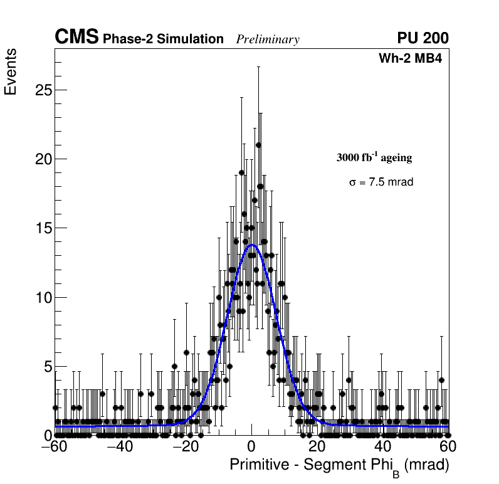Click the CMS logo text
(x=76, y=38)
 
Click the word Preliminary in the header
(x=268, y=39)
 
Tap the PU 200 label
(x=423, y=38)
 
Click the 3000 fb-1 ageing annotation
(x=374, y=158)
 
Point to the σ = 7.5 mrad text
(x=381, y=182)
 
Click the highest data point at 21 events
(x=258, y=145)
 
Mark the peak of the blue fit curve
(x=252, y=245)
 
